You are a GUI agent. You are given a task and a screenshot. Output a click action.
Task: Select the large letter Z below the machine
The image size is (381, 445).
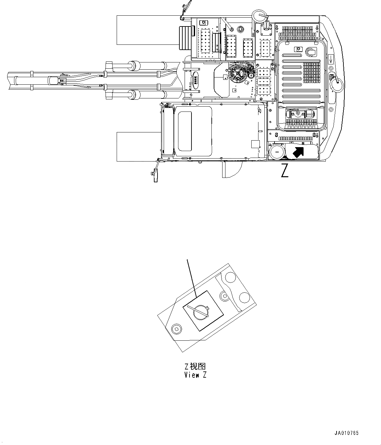(285, 171)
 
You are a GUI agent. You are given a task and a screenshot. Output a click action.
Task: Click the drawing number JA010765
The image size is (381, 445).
(346, 433)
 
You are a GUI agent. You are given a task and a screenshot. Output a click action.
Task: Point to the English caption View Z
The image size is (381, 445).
(195, 375)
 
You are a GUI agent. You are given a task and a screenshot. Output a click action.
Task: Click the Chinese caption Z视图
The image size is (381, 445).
(195, 367)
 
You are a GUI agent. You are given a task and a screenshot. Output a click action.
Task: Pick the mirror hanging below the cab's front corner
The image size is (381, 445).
(155, 175)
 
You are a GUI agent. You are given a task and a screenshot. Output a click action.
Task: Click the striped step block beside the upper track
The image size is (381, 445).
(185, 38)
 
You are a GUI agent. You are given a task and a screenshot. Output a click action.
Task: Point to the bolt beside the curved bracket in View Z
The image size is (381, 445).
(224, 296)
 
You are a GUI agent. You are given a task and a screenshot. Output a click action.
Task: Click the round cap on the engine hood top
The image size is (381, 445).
(310, 52)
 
